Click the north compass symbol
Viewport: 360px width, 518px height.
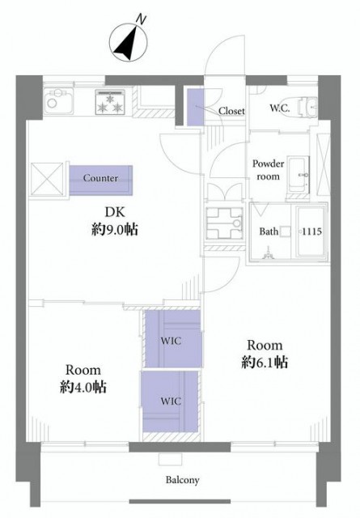pos(129,43)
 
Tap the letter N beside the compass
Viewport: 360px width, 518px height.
pos(141,19)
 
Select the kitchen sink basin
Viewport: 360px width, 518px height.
pos(58,100)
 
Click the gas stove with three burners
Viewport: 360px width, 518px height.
pos(110,102)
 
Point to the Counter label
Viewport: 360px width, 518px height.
pos(100,178)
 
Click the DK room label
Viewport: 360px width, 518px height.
pos(115,212)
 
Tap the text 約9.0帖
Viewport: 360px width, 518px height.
pos(114,229)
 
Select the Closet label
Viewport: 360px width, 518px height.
pos(231,111)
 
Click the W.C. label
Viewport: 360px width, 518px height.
pos(280,108)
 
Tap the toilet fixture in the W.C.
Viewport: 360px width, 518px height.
pos(307,107)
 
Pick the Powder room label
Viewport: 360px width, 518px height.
pos(269,170)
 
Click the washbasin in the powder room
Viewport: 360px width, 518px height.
pos(299,175)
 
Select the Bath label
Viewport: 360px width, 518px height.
pos(269,231)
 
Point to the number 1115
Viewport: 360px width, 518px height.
pos(311,231)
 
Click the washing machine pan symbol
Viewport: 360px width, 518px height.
pos(224,223)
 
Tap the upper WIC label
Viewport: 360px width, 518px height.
pos(171,341)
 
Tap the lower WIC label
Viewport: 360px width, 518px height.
pos(171,401)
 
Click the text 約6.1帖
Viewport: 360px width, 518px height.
pos(265,362)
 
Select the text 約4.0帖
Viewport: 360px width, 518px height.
pos(83,387)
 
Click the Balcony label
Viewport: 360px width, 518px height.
pos(182,480)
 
